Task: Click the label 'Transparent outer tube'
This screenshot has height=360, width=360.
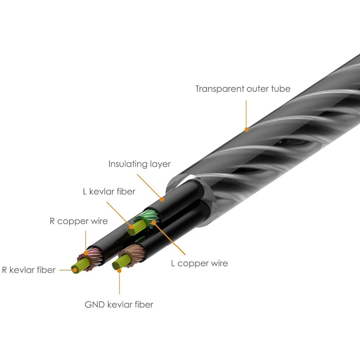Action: tap(243, 89)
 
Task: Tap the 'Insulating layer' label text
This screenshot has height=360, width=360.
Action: tap(139, 164)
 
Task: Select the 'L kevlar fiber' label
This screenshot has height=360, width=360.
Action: tap(109, 192)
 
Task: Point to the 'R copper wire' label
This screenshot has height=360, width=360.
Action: tap(78, 221)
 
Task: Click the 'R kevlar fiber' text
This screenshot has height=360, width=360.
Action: tap(29, 270)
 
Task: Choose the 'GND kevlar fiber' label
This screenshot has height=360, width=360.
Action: tap(119, 305)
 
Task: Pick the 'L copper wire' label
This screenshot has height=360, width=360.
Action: tap(199, 263)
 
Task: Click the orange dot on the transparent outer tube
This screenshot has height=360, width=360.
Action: tap(246, 129)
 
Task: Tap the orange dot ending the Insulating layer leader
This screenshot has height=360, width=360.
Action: tap(162, 199)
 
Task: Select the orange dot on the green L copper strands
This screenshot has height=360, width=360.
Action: tap(154, 222)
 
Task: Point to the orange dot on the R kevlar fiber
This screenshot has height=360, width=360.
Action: tap(74, 269)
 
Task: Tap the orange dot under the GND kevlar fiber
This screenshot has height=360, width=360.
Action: tap(120, 268)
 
